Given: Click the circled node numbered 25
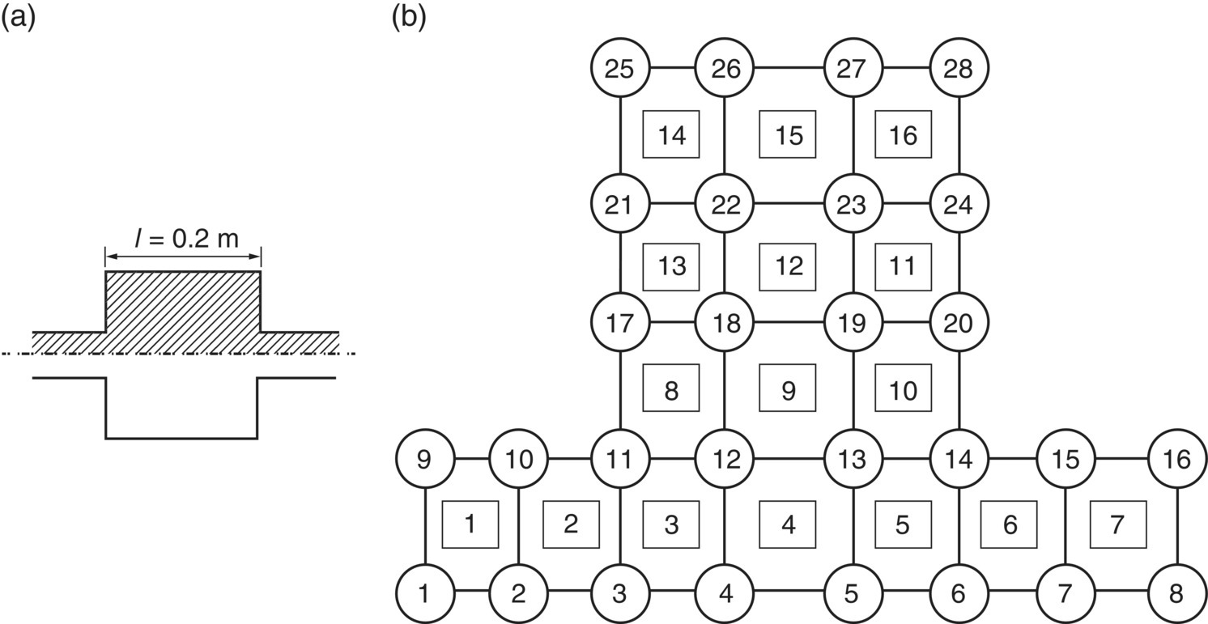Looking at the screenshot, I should coord(619,69).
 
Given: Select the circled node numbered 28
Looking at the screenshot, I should coord(959,69).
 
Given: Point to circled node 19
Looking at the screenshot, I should coord(853,323).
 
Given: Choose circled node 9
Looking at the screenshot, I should coord(424,459).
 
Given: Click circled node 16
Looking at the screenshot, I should coord(1177,459).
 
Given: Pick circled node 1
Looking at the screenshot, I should coord(424,593).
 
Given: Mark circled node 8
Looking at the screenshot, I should coord(1177,593).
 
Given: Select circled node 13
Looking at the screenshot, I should coord(853,459).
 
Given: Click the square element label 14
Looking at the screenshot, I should coord(671,134).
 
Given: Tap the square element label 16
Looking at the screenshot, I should coord(903,134).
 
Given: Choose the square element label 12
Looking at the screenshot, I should coord(787,265).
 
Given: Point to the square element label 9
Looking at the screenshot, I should coord(787,390).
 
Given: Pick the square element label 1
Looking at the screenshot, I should coord(470,524).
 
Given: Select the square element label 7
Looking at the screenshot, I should coord(1118,524).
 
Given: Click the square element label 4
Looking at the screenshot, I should coord(787,524).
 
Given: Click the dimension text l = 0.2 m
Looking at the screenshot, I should coord(182,239).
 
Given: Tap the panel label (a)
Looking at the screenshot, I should coord(18,18).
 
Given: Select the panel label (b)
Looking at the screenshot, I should coord(409,18).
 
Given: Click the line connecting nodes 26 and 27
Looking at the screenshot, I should coord(789,69).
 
